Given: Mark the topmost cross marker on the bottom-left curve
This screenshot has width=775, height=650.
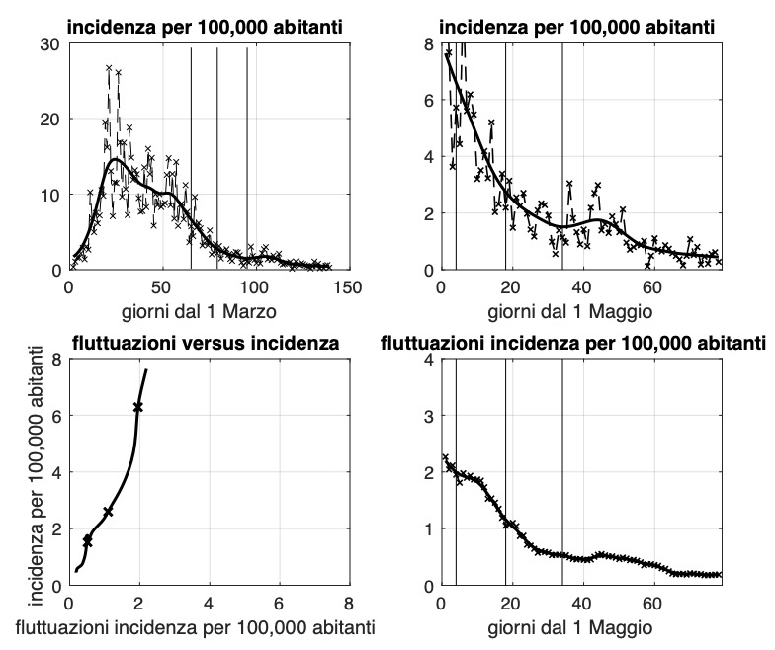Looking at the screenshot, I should (138, 407).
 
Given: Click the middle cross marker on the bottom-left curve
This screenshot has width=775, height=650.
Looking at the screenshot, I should (108, 511).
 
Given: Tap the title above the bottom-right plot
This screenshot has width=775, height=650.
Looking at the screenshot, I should (573, 344).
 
